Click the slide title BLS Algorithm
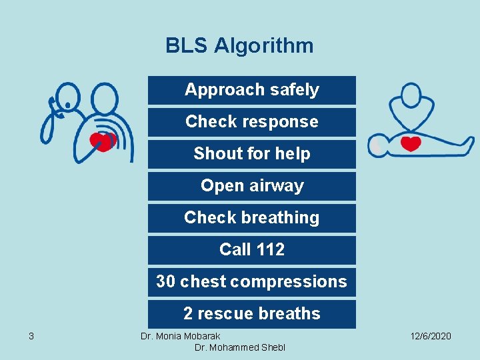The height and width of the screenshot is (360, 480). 239,45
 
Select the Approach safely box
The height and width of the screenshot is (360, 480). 252,90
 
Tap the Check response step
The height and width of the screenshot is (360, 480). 252,122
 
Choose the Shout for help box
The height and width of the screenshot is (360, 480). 252,154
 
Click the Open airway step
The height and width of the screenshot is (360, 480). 252,186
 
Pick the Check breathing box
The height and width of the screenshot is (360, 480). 252,218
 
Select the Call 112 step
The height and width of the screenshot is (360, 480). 252,250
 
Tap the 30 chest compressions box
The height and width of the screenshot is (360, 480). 252,282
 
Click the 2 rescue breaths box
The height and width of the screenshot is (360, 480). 252,314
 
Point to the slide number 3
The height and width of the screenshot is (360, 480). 31,336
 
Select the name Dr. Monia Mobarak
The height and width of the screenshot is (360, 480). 180,336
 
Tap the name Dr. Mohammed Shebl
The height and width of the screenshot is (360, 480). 239,348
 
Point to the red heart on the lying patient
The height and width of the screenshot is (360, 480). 411,143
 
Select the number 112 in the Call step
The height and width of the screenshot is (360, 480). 271,250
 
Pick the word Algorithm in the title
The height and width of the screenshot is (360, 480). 263,45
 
